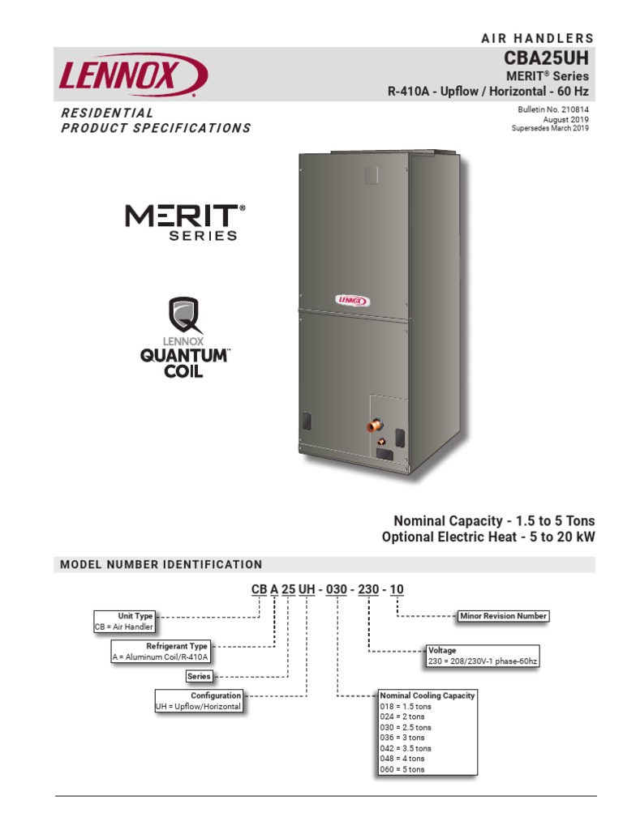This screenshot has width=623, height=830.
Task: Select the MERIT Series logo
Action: [186, 221]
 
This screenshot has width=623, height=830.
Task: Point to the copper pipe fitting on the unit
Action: [375, 425]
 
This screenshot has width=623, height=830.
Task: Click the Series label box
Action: [199, 676]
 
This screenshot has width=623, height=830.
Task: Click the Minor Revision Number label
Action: [503, 616]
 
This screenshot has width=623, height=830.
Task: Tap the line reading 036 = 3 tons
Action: [402, 738]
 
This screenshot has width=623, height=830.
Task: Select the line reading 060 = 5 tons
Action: [402, 769]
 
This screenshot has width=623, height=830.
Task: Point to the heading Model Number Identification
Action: [161, 564]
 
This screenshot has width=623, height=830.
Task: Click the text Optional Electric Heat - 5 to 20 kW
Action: [485, 537]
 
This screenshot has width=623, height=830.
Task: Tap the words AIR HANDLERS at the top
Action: [538, 38]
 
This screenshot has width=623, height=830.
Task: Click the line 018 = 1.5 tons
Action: [406, 706]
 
